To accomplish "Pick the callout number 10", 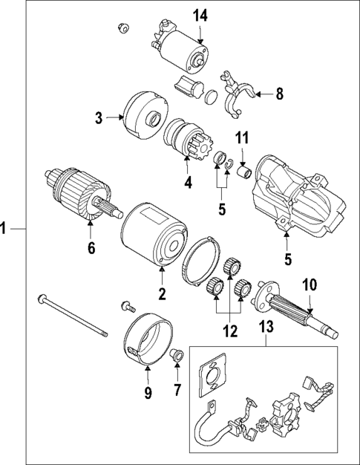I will pyautogui.click(x=309, y=284).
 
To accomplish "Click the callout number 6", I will pyautogui.click(x=91, y=249).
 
